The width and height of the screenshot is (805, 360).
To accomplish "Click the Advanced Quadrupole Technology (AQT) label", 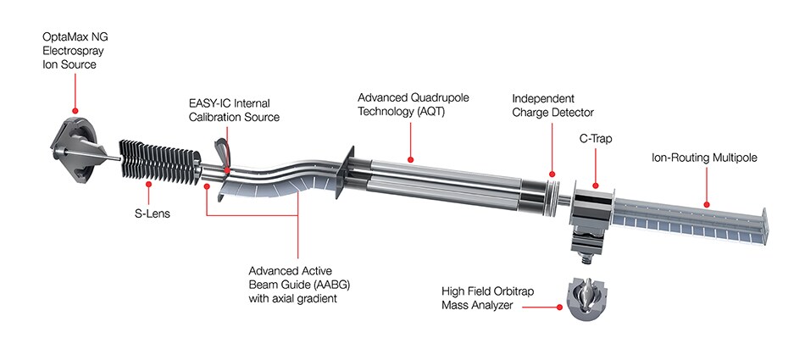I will click(411, 105).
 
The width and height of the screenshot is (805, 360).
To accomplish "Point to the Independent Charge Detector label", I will click(553, 105).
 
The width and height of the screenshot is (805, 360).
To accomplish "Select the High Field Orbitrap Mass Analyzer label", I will click(484, 298).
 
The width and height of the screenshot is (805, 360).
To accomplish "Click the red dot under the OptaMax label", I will click(76, 110).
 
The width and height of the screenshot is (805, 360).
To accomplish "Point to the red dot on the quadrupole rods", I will click(411, 158).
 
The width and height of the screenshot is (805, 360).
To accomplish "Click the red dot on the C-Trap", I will click(595, 185).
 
